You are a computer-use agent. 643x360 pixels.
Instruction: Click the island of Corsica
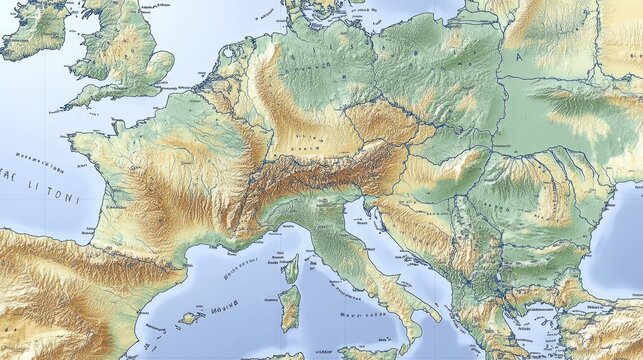pos(292,267)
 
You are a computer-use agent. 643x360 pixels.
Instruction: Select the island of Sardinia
pos(289,307)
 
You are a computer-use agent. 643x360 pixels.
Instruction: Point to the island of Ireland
pos(35,30)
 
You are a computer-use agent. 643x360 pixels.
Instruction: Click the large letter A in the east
pos(518,57)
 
